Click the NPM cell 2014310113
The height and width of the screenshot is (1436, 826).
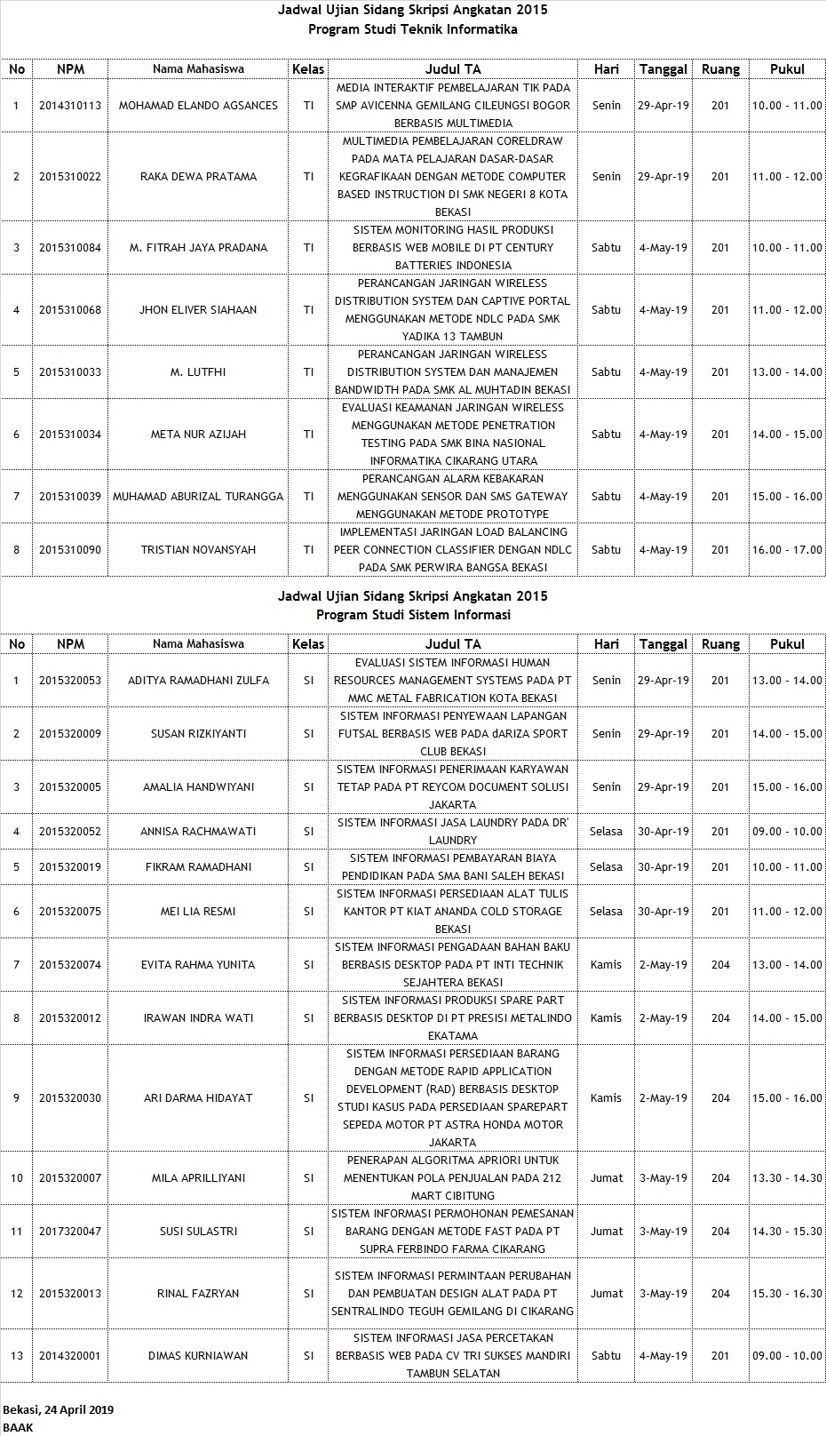point(70,106)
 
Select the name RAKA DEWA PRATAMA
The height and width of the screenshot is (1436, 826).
point(198,177)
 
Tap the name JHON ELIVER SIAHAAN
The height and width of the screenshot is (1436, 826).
point(198,310)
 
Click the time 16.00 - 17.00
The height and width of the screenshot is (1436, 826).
point(787,550)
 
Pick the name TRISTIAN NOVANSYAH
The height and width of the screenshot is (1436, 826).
point(198,550)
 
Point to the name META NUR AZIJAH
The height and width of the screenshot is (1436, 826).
point(198,435)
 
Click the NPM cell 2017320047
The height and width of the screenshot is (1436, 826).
point(70,1232)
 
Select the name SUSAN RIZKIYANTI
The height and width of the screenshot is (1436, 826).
point(198,734)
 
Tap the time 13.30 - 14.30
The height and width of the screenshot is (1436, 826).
point(787,1178)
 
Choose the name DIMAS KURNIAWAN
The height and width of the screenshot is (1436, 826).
point(198,1356)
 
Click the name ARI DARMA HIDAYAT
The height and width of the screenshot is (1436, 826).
point(198,1098)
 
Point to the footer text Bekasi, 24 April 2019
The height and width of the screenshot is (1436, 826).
point(59,1409)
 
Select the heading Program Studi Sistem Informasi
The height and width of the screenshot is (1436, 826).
point(413,615)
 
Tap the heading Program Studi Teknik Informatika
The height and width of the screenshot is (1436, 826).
point(413,29)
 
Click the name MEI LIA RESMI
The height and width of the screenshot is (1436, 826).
point(198,912)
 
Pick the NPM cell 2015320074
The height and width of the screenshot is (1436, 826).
point(70,965)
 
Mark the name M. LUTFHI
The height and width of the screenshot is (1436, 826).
point(198,372)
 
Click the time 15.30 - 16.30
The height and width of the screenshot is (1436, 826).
point(787,1294)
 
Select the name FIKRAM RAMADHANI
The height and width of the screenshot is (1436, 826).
point(198,867)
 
